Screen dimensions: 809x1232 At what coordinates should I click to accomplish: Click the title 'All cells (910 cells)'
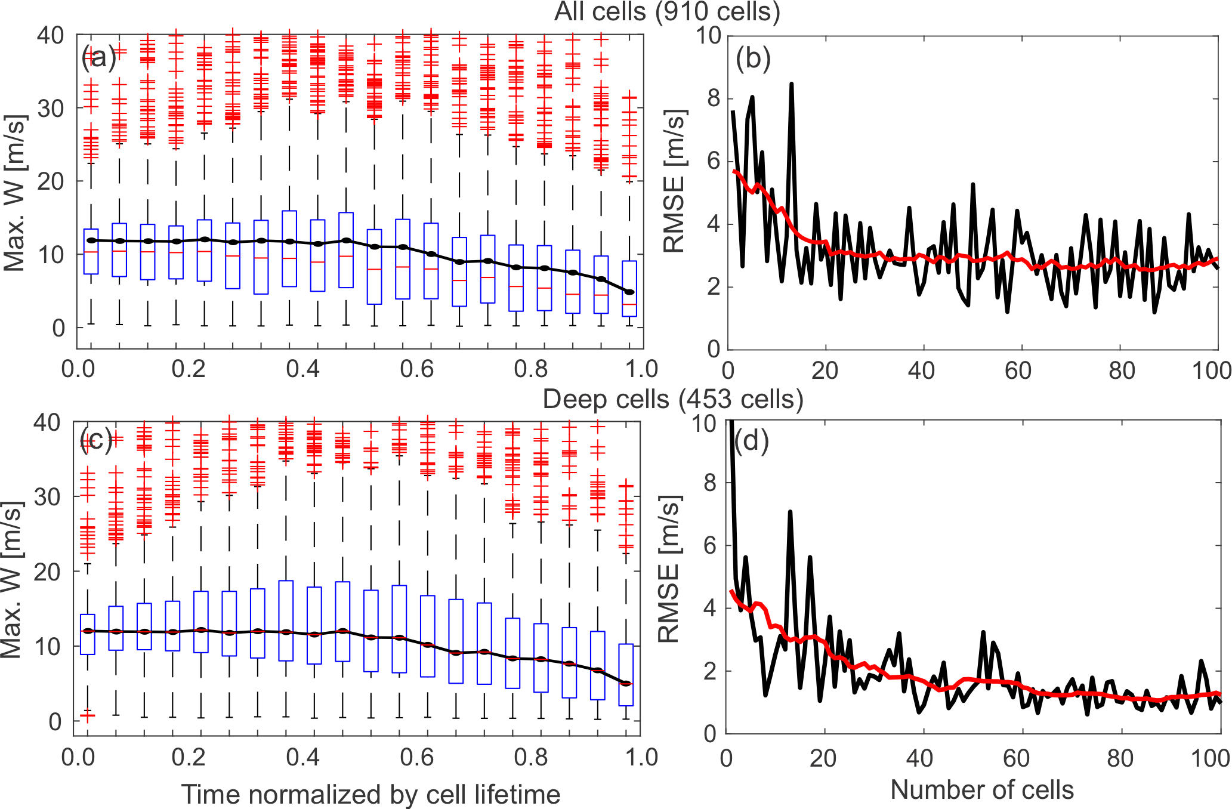(x=667, y=11)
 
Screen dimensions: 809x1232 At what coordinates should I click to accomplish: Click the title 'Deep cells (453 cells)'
(x=672, y=399)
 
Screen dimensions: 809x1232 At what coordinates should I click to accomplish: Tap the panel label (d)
(x=751, y=440)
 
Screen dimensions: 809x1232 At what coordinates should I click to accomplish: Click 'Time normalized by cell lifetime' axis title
(x=370, y=794)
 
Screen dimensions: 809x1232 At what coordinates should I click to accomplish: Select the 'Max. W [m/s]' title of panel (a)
(x=14, y=193)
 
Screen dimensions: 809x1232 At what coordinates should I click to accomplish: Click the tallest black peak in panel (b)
(x=791, y=84)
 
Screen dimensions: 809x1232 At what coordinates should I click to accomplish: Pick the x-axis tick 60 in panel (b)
(x=1018, y=370)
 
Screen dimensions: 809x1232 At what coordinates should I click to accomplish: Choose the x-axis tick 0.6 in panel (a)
(x=416, y=369)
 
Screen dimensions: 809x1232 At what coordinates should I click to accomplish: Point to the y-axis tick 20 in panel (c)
(x=47, y=572)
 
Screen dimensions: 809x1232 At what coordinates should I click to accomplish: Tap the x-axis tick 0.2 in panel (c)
(x=189, y=757)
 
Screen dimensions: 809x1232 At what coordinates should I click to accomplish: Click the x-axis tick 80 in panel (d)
(x=1120, y=758)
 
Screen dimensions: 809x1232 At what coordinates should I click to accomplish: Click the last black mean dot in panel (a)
(x=629, y=292)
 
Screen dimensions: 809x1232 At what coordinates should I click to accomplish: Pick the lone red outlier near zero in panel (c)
(x=88, y=714)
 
